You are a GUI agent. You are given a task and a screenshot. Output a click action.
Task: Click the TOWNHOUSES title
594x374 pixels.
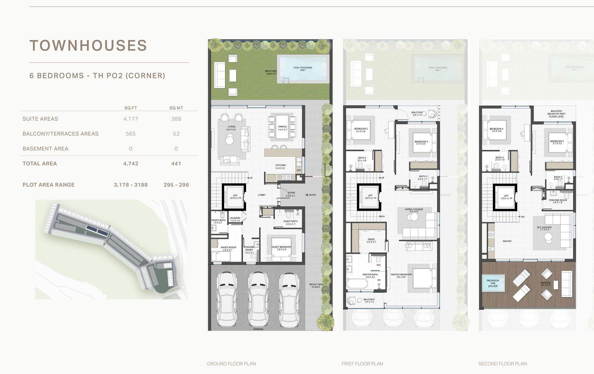point(88,46)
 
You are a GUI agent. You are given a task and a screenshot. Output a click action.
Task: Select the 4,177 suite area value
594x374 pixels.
point(131,119)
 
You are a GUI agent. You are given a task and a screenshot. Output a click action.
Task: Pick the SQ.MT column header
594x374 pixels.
point(176,108)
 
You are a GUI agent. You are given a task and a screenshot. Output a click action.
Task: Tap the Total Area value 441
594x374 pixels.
point(176,163)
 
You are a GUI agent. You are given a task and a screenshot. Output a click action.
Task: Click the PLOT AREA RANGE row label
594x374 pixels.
point(49,185)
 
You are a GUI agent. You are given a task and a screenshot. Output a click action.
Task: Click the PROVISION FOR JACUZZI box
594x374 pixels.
point(493,283)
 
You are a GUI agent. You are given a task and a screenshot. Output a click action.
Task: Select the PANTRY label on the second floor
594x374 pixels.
point(507,241)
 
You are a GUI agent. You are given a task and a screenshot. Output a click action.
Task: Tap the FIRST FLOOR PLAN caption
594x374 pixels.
point(362,364)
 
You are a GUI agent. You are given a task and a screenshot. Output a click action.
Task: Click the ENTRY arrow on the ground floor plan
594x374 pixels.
point(307,195)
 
